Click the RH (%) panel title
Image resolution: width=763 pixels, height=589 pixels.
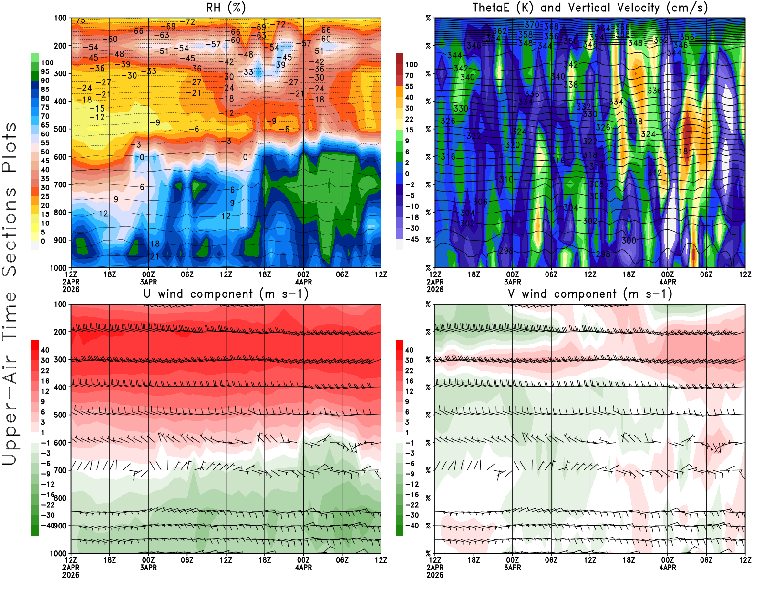click(226, 8)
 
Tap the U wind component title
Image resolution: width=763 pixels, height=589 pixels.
click(226, 294)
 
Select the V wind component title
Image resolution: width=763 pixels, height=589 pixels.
click(590, 294)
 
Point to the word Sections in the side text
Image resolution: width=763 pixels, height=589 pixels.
click(10, 231)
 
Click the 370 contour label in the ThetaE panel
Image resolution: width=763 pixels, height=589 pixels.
click(532, 25)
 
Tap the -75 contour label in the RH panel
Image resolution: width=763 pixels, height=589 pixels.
click(79, 20)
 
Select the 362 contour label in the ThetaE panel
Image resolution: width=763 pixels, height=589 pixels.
click(500, 31)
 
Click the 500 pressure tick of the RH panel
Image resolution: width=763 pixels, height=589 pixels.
click(61, 129)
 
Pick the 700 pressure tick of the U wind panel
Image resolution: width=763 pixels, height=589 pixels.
click(61, 470)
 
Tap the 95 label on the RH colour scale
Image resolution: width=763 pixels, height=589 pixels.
click(45, 71)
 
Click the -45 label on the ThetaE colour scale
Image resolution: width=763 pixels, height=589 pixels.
click(412, 239)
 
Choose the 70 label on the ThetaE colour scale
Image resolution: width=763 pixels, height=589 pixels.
click(409, 75)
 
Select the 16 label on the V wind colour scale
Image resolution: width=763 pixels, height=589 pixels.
click(409, 381)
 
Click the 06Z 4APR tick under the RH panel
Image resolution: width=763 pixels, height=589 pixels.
click(342, 274)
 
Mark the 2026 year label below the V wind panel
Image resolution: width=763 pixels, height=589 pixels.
click(435, 575)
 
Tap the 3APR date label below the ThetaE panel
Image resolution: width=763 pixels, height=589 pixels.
click(513, 282)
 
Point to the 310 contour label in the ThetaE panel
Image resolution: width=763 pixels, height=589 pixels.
click(506, 180)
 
